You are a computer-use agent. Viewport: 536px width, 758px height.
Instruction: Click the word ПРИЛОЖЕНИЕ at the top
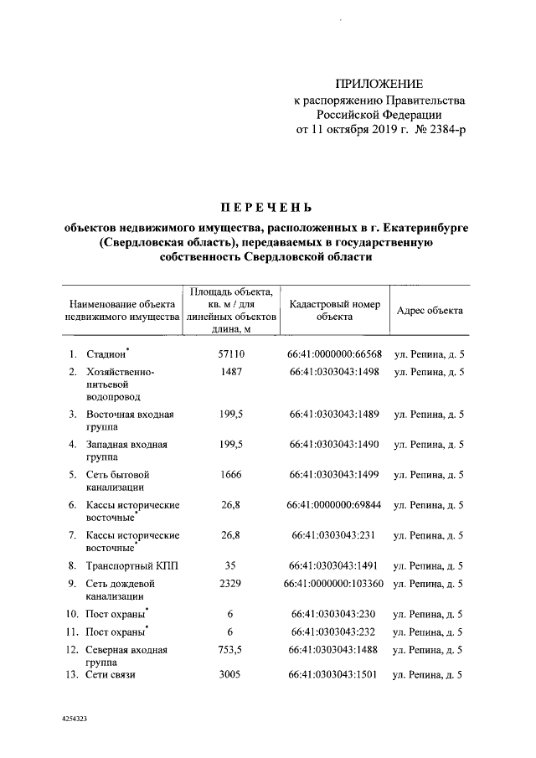tap(379, 83)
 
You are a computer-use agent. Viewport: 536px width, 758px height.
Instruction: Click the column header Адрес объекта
tap(430, 311)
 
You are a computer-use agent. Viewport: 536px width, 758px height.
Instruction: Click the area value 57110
tap(230, 354)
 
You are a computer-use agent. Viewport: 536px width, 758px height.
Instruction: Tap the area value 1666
tap(230, 474)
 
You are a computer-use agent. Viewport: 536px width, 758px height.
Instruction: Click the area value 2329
tap(230, 582)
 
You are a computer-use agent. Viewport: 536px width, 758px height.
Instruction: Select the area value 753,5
tap(230, 649)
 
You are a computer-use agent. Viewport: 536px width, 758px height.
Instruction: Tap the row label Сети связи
tap(111, 675)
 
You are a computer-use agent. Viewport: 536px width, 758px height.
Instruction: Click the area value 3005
tap(230, 675)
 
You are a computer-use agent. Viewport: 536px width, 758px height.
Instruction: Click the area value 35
tap(230, 565)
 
